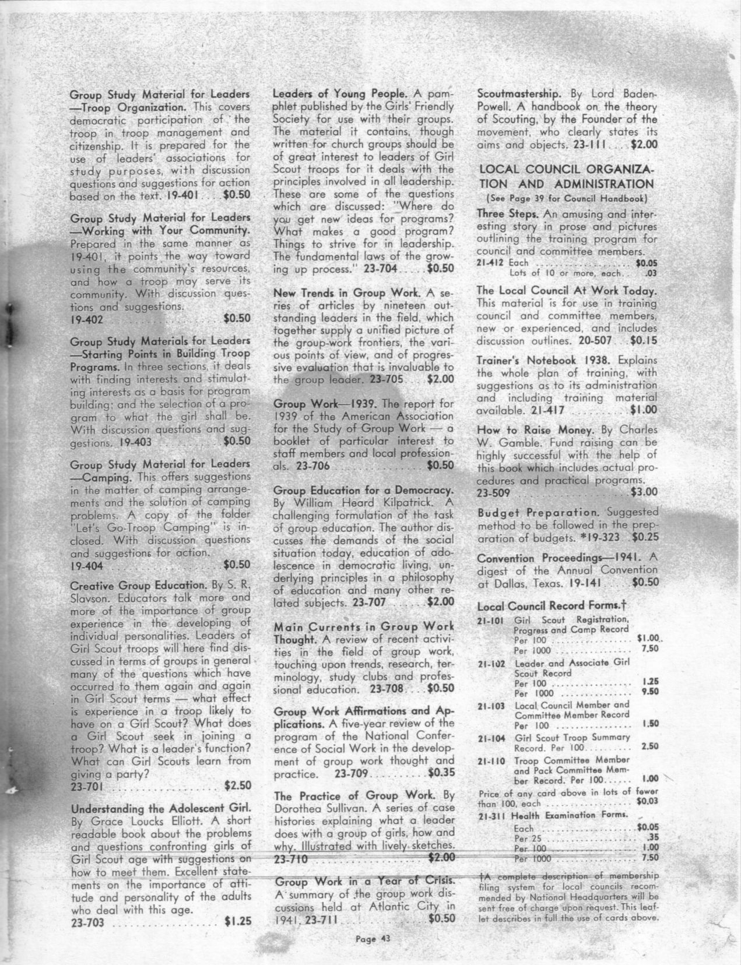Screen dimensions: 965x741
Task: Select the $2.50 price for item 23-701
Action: pos(237,785)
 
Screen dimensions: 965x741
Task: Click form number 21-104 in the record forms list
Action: pos(491,737)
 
